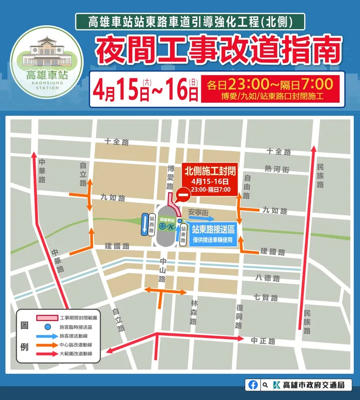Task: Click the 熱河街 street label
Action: [277, 169]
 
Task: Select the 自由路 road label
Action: [247, 187]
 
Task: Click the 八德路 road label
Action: [267, 277]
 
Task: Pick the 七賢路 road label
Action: [266, 298]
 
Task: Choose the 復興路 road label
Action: [239, 316]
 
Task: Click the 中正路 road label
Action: [263, 341]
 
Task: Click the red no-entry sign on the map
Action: [182, 195]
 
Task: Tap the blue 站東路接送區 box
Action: [213, 233]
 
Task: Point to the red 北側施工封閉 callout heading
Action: [209, 171]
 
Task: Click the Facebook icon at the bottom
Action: [253, 385]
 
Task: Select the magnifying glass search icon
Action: [265, 385]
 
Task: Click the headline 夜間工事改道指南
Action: [218, 50]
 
